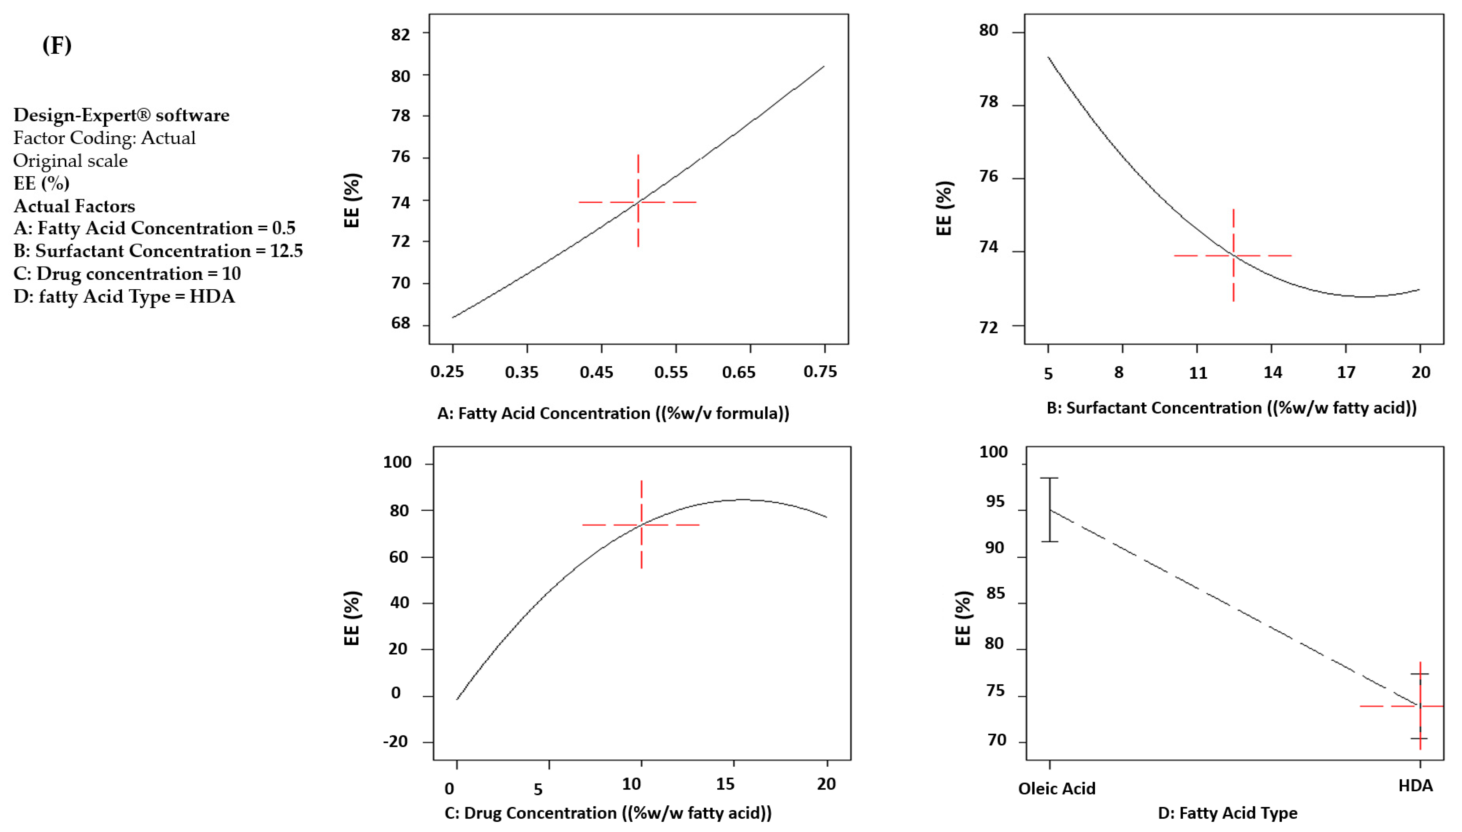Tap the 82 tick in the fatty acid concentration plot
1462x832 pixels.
tap(401, 34)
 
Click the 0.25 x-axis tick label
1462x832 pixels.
tap(447, 372)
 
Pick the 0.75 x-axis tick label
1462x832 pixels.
tap(820, 372)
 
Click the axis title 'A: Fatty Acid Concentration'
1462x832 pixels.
tap(613, 413)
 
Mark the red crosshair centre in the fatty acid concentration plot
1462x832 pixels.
tap(638, 202)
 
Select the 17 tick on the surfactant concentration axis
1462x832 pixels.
tap(1346, 372)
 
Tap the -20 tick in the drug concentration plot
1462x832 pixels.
tap(396, 742)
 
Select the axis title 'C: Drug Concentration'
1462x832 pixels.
tap(607, 813)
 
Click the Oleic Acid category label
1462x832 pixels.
tap(1056, 788)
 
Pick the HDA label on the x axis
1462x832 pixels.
tap(1415, 786)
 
